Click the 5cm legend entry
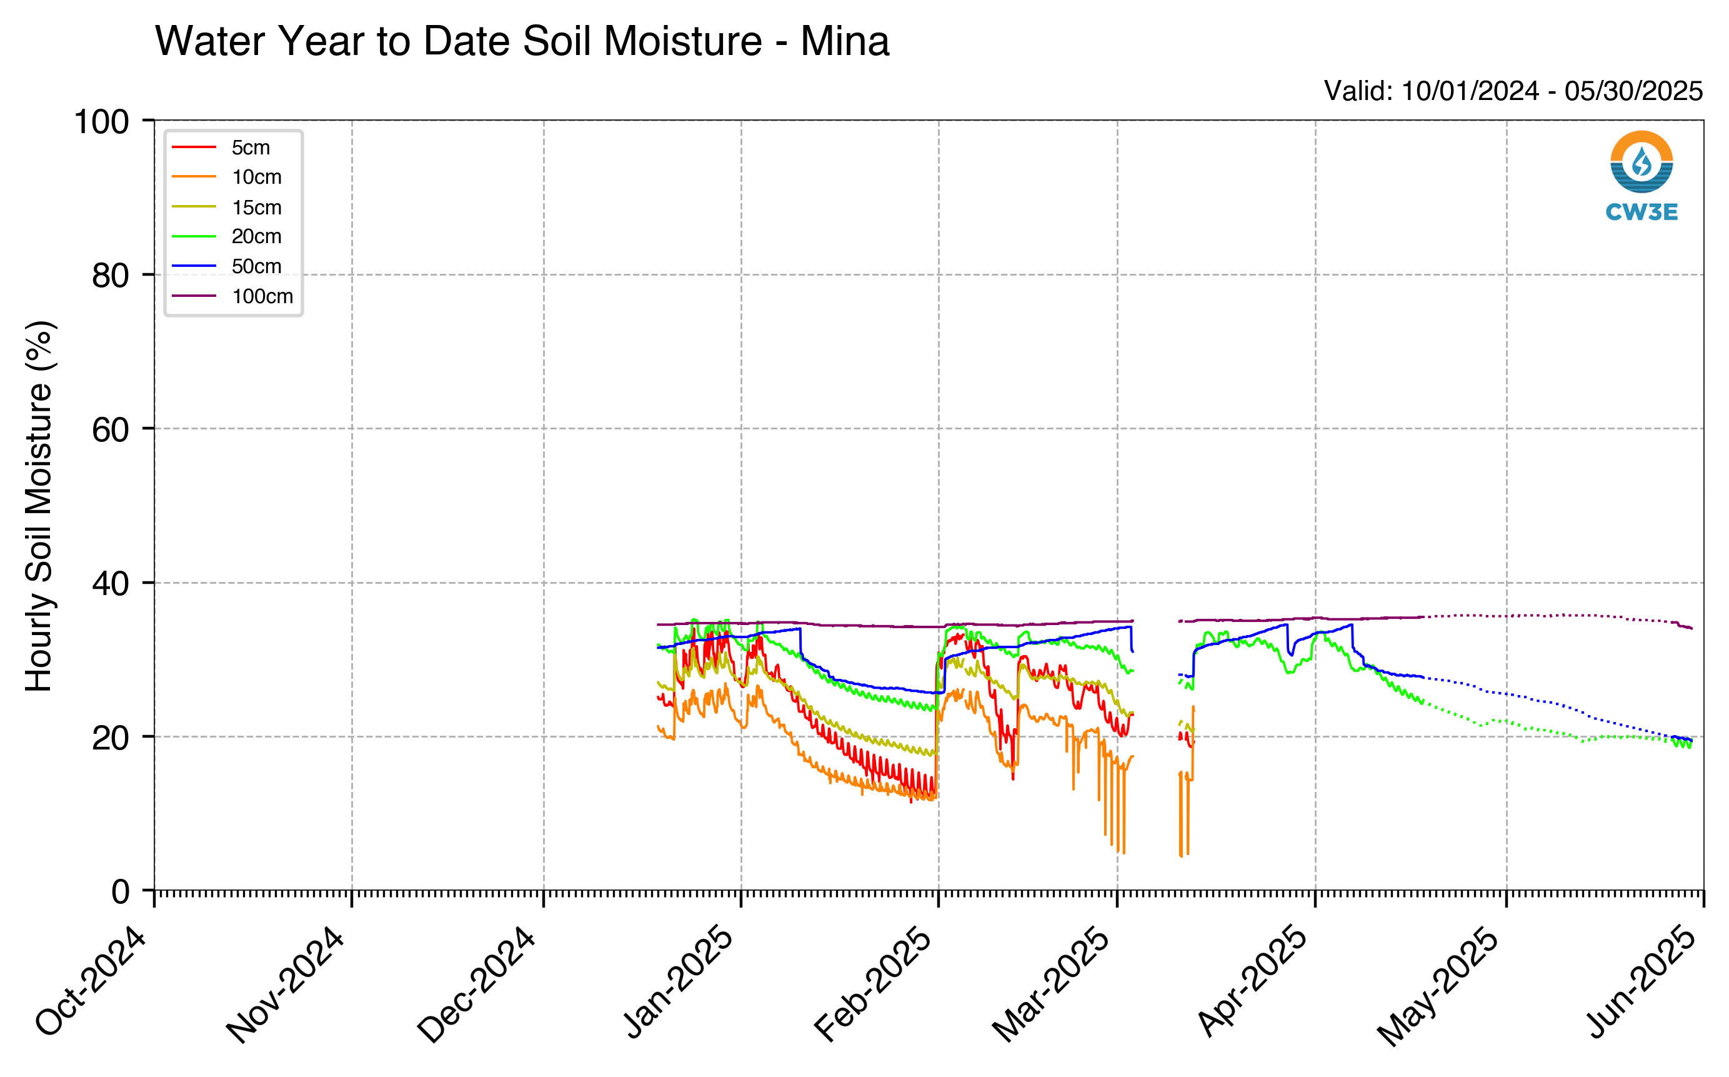pos(221,148)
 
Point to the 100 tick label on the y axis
pos(102,122)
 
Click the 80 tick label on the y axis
pos(111,276)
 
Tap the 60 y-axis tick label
pos(111,429)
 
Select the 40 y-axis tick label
pos(111,583)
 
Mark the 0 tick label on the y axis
pos(121,891)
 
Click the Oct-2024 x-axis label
pos(91,981)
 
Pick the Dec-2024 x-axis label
pos(476,984)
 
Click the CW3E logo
pos(1642,176)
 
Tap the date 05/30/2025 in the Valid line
pos(1633,91)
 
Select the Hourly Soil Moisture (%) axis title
pos(39,506)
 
